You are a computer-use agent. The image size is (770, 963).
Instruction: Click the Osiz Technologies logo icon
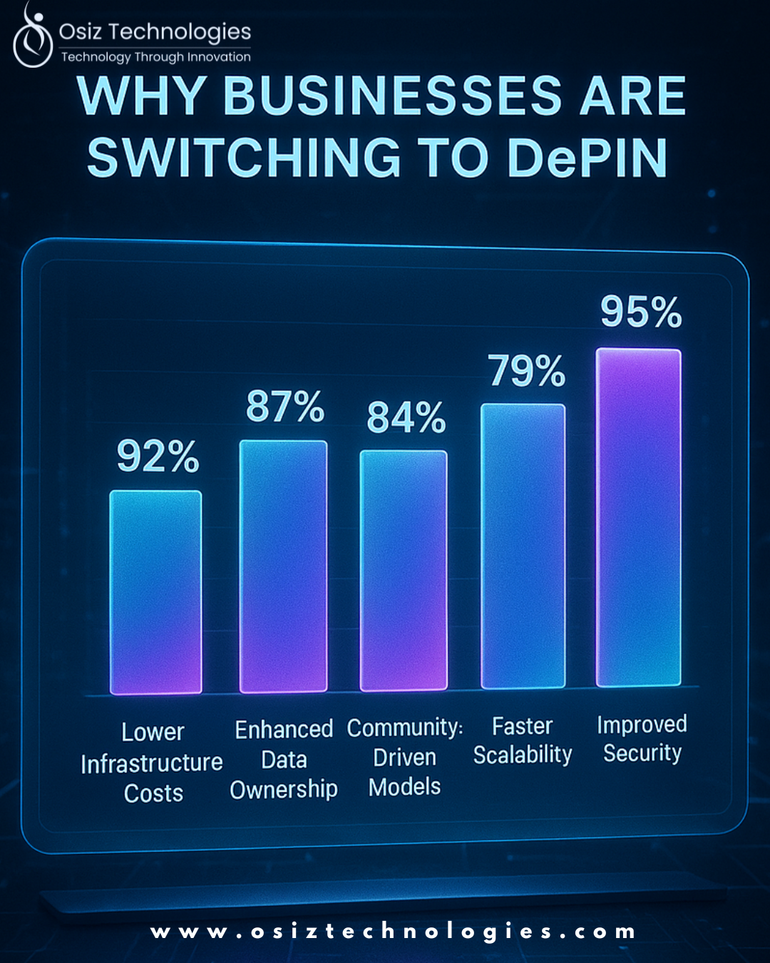pyautogui.click(x=32, y=39)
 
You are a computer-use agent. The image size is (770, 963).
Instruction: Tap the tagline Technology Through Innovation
pyautogui.click(x=155, y=57)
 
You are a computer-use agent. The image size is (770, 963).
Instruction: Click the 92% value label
pyautogui.click(x=158, y=457)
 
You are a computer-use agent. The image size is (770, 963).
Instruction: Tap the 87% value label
pyautogui.click(x=285, y=407)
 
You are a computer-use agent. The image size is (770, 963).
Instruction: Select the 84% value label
pyautogui.click(x=406, y=417)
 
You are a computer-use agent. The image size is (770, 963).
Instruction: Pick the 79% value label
pyautogui.click(x=527, y=371)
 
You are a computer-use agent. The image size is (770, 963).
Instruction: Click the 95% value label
pyautogui.click(x=641, y=312)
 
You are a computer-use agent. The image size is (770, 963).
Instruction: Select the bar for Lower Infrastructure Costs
pyautogui.click(x=155, y=592)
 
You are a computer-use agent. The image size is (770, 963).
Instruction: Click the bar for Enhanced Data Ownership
pyautogui.click(x=283, y=566)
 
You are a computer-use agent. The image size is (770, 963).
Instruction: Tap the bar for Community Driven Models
pyautogui.click(x=404, y=571)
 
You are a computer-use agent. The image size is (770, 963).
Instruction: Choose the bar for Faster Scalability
pyautogui.click(x=523, y=546)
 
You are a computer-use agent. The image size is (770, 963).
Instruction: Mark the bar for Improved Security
pyautogui.click(x=639, y=517)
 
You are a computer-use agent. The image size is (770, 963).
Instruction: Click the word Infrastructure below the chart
pyautogui.click(x=152, y=763)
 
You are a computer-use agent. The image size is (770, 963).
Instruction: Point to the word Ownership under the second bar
pyautogui.click(x=284, y=790)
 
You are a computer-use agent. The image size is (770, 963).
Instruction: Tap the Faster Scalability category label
pyautogui.click(x=523, y=740)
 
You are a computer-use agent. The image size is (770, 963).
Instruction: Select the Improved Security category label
pyautogui.click(x=642, y=738)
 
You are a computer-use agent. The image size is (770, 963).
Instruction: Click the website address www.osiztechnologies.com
pyautogui.click(x=393, y=932)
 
